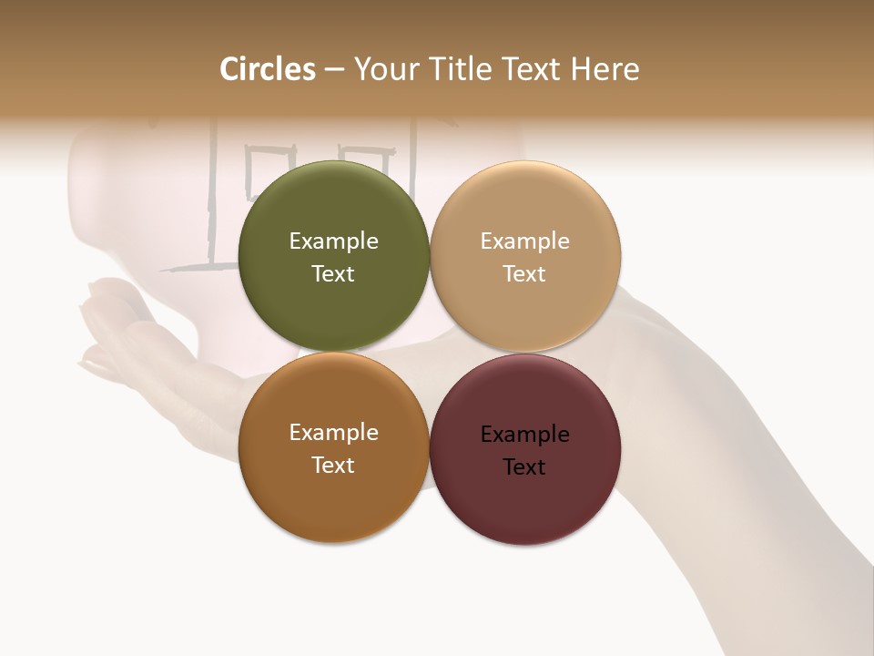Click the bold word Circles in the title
pos(268,69)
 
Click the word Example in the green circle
pos(333,241)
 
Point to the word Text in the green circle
pos(333,274)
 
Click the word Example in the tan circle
pos(524,241)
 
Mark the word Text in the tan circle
pos(524,274)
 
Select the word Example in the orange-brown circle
pos(333,433)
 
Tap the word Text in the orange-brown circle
pos(333,466)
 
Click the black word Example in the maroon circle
pos(524,435)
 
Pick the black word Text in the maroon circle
pos(524,467)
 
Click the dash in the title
pos(334,70)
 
